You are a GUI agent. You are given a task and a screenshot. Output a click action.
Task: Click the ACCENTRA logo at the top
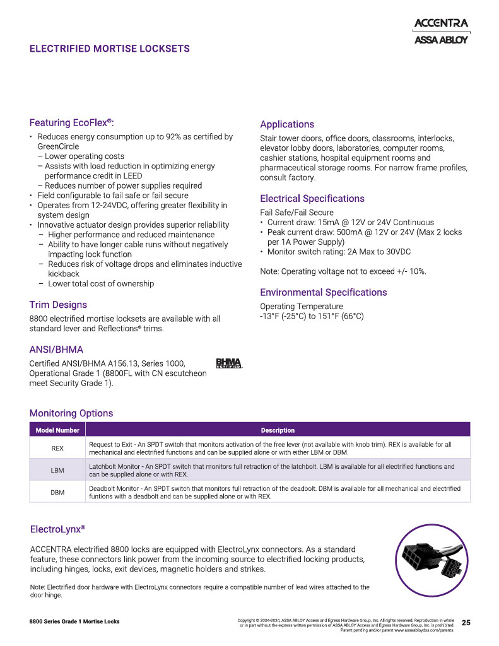point(441,24)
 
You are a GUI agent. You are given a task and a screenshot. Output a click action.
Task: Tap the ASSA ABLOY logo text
point(441,40)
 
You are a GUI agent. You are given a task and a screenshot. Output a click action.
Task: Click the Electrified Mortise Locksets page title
point(109,49)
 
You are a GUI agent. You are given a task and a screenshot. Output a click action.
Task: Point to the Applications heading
point(287,124)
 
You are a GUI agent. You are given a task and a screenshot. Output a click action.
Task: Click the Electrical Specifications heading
point(312,199)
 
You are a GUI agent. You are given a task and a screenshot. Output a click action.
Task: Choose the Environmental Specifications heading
point(324,293)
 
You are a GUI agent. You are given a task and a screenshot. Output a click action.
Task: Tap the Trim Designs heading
point(58,305)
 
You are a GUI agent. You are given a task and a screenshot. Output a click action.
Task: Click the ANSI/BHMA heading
point(56,349)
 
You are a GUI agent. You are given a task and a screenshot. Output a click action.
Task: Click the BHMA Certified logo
point(229,363)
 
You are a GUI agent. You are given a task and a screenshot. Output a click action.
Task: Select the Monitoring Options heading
point(71,413)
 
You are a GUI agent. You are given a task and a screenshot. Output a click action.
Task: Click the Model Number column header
point(57,430)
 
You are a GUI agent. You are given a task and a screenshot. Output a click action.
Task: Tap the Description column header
point(278,430)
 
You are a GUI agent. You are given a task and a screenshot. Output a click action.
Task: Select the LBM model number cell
point(57,471)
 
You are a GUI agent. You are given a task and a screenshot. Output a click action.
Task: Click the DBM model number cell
point(57,492)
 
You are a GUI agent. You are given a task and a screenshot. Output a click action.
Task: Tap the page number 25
point(466,623)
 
